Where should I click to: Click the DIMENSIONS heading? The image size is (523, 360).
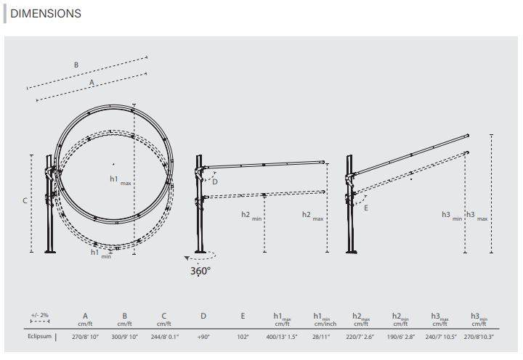(46, 13)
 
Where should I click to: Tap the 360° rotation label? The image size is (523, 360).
(200, 271)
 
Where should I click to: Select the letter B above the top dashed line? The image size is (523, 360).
(76, 65)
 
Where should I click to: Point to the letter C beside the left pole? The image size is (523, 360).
(25, 200)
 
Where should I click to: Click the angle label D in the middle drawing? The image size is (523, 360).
(215, 181)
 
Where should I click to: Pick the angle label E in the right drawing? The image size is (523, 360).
(366, 208)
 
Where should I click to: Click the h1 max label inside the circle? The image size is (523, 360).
(121, 180)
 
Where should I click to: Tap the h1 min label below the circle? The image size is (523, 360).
(101, 253)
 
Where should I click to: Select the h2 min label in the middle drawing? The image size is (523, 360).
(251, 216)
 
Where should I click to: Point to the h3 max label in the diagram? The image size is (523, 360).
(477, 216)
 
